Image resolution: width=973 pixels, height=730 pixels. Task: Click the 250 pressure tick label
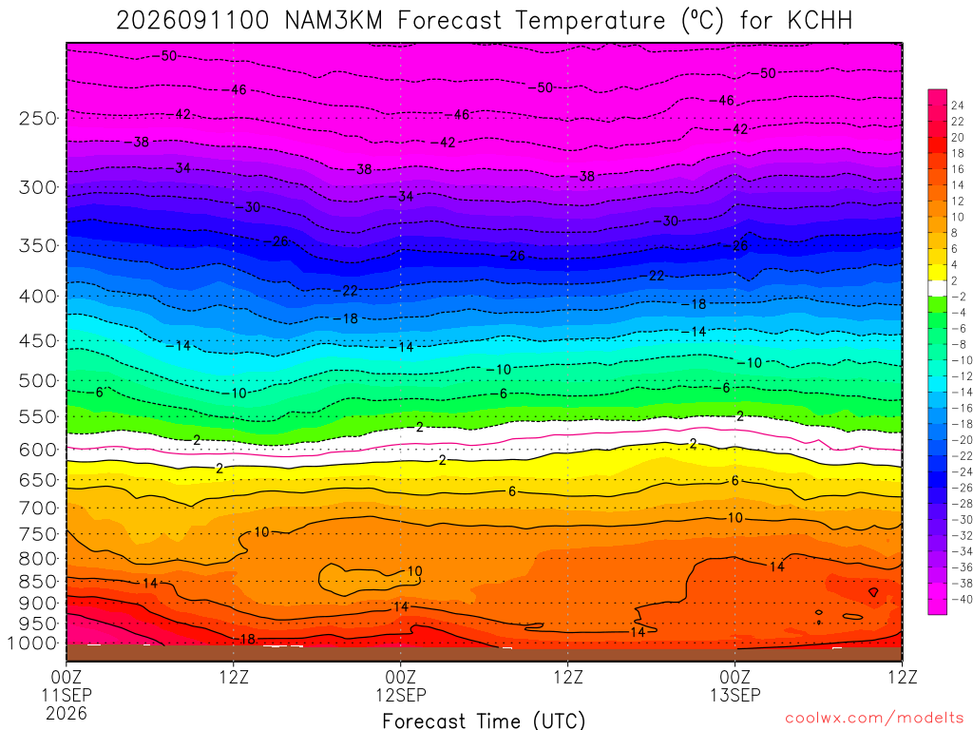(38, 118)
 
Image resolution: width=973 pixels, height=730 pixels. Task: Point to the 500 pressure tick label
(38, 380)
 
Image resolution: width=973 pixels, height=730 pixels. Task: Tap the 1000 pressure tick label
(33, 644)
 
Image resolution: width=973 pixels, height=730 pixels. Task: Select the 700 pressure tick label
(38, 509)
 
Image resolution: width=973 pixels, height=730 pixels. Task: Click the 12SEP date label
(401, 695)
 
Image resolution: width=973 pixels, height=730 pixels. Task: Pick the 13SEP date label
(735, 695)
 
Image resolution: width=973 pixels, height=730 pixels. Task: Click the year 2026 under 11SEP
(67, 713)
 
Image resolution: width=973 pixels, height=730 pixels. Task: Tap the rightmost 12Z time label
(903, 677)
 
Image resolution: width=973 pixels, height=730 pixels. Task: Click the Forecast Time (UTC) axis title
(484, 721)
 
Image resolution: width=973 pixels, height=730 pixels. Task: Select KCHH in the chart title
(820, 21)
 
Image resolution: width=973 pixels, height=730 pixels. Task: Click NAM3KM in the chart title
(334, 21)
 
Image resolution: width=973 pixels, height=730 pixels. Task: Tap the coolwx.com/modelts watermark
(874, 719)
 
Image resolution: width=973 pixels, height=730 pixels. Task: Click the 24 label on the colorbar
(958, 105)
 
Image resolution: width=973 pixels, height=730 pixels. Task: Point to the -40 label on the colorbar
(962, 599)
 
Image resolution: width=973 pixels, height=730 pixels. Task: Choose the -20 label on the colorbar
(962, 439)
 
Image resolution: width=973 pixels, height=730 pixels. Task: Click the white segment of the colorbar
(938, 288)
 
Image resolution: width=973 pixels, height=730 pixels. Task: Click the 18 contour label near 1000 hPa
(247, 639)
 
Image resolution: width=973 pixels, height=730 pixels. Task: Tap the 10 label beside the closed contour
(414, 571)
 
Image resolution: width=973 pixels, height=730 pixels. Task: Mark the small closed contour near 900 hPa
(874, 592)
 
